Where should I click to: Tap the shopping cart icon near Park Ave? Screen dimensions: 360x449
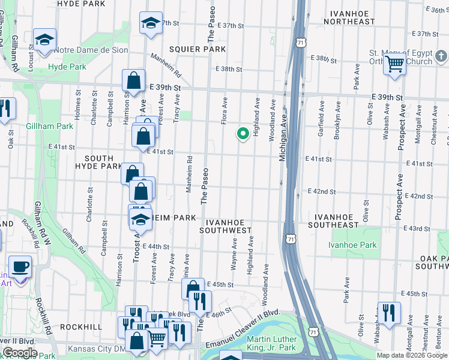(394, 63)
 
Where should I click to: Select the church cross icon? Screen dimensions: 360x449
(441, 56)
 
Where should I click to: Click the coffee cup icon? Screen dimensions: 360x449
(20, 265)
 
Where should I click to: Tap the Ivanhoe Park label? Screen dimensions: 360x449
(352, 245)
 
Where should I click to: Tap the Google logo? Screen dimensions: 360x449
(20, 353)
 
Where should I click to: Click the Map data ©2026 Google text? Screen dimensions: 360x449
(411, 355)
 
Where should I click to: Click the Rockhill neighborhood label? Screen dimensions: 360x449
(76, 327)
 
